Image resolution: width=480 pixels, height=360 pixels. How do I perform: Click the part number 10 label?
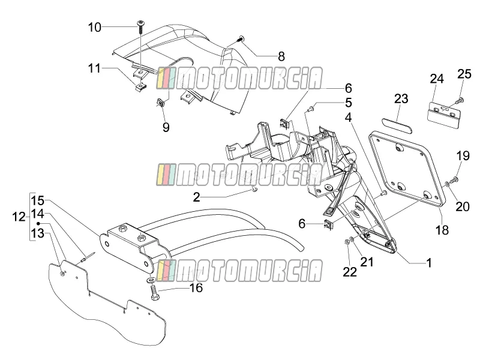pos(95,27)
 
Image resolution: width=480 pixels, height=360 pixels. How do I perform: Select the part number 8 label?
pos(281,56)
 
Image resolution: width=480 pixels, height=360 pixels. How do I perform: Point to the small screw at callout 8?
pos(241,38)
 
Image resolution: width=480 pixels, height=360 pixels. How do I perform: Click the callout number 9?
pos(166,127)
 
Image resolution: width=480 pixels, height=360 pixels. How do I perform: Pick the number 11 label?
pos(94,68)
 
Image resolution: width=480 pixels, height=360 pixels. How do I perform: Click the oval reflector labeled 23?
pos(397,124)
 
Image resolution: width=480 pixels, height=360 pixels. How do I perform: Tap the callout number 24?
pos(437,79)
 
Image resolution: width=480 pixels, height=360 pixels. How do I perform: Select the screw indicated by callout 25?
pos(460,100)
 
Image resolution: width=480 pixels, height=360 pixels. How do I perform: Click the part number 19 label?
pos(463,156)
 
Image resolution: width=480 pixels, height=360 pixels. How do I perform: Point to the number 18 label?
pos(442,230)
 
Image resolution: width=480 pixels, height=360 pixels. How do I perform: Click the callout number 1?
pos(429,263)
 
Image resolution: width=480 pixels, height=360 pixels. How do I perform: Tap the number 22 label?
pos(350,272)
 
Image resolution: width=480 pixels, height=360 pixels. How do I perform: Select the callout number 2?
pos(197,197)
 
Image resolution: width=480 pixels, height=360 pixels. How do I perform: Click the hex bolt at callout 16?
pos(154,292)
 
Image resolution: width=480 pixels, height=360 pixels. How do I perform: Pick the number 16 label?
pos(197,288)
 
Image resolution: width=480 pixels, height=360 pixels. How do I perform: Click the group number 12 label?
pos(19,217)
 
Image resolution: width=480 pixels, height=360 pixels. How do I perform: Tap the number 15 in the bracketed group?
pos(38,201)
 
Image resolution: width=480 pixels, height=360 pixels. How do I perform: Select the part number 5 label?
pos(349,103)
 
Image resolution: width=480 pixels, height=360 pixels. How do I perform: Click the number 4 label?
pos(349,117)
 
